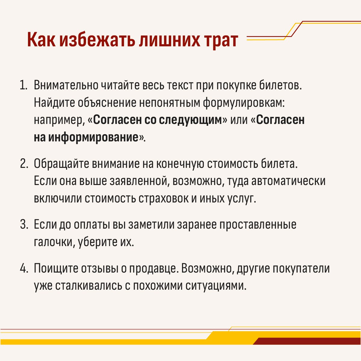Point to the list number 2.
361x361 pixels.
coord(24,164)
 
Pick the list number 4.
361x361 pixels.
coord(24,268)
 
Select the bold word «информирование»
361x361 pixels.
coord(93,137)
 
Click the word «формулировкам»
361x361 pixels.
coord(244,103)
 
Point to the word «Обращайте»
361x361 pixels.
coord(61,164)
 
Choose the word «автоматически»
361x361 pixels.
coord(288,181)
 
